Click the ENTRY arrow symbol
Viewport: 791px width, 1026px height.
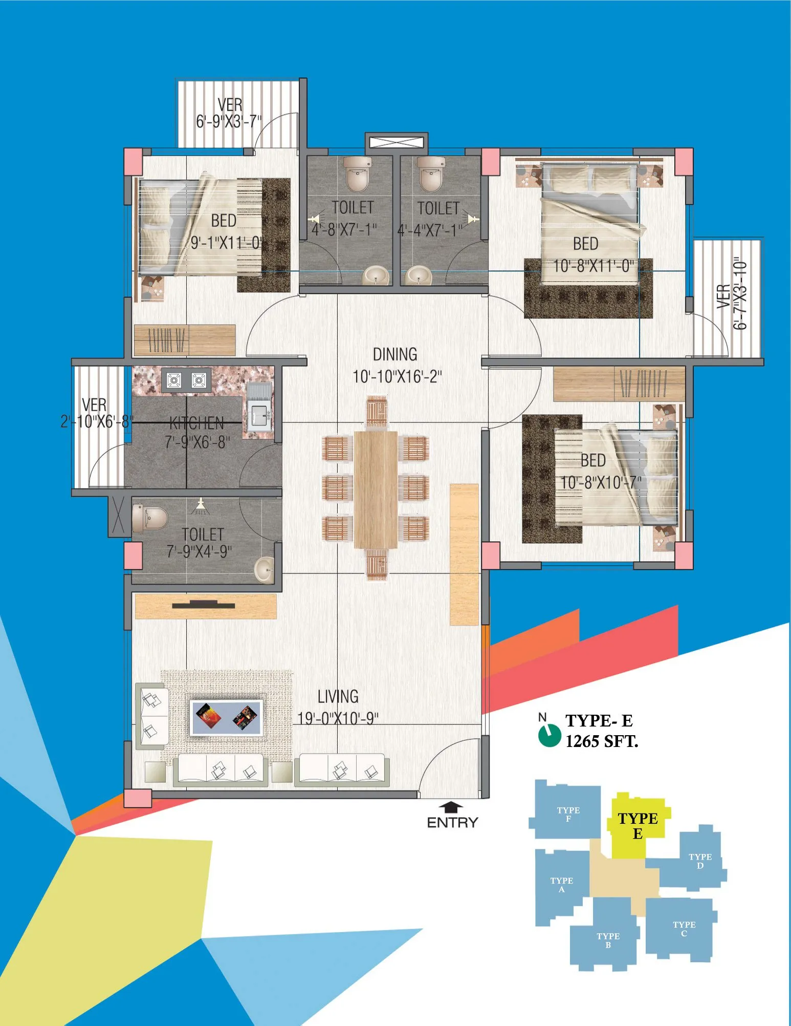451,807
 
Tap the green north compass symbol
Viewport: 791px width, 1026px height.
550,735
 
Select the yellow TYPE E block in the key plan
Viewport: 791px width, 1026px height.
636,825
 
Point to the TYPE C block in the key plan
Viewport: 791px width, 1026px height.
680,928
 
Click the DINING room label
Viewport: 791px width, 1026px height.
395,354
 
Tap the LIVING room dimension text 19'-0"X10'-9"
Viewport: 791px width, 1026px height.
338,718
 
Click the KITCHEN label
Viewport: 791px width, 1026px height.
197,423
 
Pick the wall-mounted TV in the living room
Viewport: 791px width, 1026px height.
204,605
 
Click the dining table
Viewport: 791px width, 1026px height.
376,489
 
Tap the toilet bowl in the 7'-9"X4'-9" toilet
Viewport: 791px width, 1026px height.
149,518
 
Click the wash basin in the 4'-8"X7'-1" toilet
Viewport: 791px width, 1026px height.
376,276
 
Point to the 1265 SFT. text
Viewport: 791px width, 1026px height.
602,741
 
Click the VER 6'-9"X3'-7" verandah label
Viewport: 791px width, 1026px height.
229,113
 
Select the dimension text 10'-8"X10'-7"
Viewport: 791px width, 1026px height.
601,482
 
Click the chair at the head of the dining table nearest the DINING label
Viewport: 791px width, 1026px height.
377,411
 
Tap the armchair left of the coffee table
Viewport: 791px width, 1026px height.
152,715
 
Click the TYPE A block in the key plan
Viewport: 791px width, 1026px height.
561,885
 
